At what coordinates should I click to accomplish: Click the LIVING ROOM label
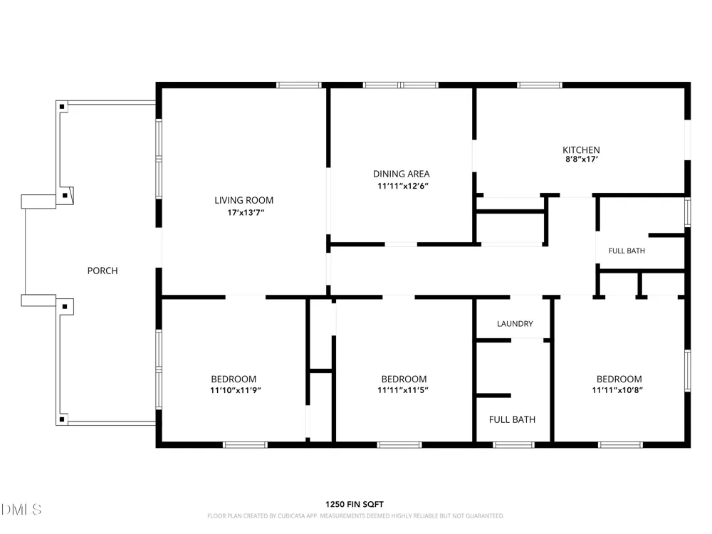(x=244, y=200)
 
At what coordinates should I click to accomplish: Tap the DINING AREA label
(x=402, y=174)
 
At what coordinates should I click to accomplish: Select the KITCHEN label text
(x=581, y=150)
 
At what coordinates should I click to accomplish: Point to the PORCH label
(x=103, y=271)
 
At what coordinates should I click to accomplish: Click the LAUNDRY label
(x=515, y=324)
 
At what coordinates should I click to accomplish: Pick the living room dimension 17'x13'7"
(x=246, y=212)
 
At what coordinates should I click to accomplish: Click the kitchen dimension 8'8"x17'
(x=582, y=159)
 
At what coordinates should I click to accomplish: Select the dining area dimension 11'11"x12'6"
(x=403, y=186)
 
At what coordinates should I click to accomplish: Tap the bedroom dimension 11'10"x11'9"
(x=235, y=390)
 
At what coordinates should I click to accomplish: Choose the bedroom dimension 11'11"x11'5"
(x=403, y=390)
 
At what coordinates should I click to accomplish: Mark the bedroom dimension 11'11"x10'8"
(x=617, y=390)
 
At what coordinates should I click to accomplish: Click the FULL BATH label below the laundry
(x=512, y=419)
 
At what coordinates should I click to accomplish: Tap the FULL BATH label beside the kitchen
(x=627, y=251)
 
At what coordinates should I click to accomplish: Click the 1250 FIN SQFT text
(x=355, y=505)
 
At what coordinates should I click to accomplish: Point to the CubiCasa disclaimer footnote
(x=355, y=515)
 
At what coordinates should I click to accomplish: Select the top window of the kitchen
(x=540, y=85)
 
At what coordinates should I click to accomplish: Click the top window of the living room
(x=299, y=85)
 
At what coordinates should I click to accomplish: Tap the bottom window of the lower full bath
(x=513, y=445)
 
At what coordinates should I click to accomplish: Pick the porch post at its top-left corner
(x=63, y=108)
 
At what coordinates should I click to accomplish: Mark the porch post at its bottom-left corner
(x=62, y=419)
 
